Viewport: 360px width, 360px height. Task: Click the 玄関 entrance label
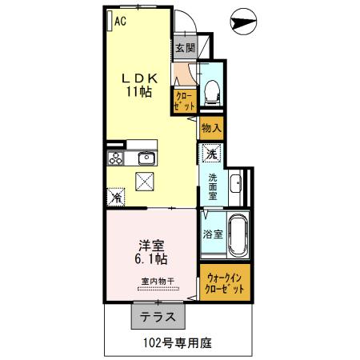[182, 47]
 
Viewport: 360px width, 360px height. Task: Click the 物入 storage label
[210, 128]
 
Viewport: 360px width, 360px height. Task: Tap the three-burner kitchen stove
[114, 157]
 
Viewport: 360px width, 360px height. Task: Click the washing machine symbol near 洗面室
[211, 152]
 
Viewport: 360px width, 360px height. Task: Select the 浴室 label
[212, 235]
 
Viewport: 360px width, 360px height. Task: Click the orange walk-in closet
[226, 282]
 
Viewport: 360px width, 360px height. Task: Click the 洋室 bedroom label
[150, 245]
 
